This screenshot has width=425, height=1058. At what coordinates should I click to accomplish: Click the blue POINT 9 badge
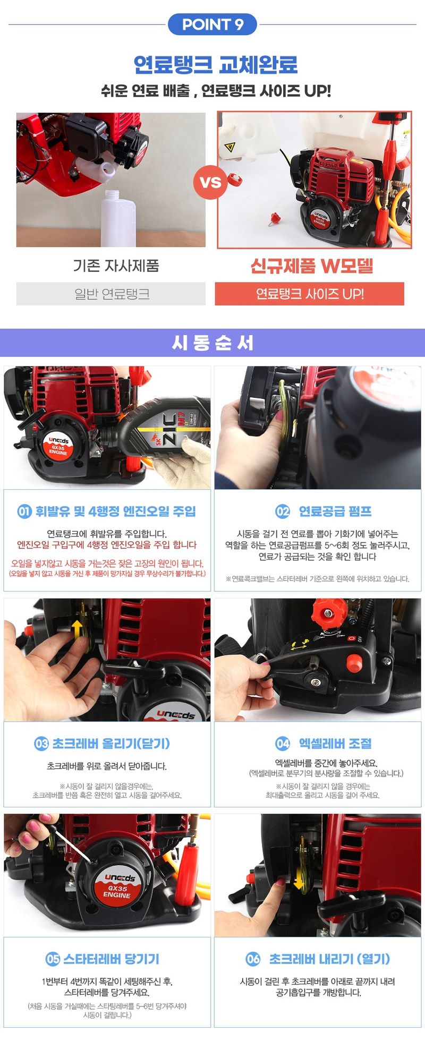click(x=212, y=24)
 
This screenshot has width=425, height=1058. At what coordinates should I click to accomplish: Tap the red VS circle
click(x=210, y=182)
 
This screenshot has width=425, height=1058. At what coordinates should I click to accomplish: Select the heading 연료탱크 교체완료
click(x=215, y=65)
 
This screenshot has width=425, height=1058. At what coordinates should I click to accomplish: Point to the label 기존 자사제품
click(x=116, y=266)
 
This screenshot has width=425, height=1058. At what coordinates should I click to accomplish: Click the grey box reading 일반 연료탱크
click(x=111, y=294)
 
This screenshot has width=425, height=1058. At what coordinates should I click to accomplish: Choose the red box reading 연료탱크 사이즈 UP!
click(x=309, y=294)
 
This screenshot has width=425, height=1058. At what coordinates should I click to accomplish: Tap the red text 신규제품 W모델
click(x=311, y=266)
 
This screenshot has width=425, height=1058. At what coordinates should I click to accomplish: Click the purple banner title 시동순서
click(x=212, y=343)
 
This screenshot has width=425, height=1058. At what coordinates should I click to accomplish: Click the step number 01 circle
click(x=24, y=511)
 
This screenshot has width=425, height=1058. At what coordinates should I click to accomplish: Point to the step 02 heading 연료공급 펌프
click(x=335, y=511)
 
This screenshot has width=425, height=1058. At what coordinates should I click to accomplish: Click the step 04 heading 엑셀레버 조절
click(x=335, y=744)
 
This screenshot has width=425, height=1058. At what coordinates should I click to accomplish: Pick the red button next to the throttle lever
click(x=353, y=662)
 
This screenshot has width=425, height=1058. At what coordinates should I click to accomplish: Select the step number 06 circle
click(x=253, y=959)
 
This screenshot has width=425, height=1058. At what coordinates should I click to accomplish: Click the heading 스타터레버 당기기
click(x=111, y=959)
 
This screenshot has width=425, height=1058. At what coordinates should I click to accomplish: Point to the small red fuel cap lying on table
click(x=275, y=218)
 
